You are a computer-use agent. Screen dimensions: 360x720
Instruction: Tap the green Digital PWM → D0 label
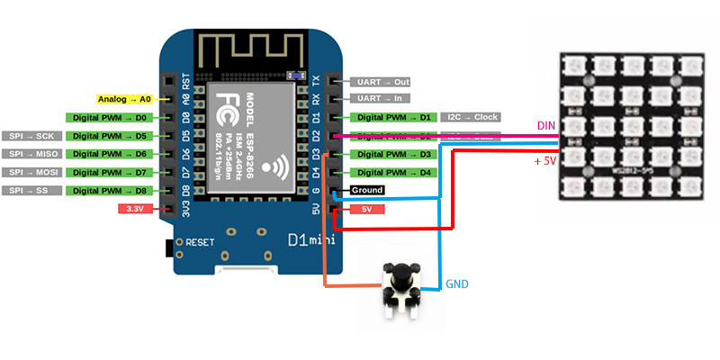pyautogui.click(x=110, y=117)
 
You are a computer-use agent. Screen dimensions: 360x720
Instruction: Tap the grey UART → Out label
pyautogui.click(x=378, y=81)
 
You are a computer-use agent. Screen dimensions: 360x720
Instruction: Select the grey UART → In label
pyautogui.click(x=378, y=98)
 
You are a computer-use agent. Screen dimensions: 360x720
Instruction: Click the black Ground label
pyautogui.click(x=367, y=190)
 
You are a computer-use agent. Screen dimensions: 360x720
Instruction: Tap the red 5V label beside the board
pyautogui.click(x=367, y=209)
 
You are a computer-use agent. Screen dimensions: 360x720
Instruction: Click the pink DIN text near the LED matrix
pyautogui.click(x=545, y=125)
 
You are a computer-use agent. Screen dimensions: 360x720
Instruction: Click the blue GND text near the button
pyautogui.click(x=457, y=284)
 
